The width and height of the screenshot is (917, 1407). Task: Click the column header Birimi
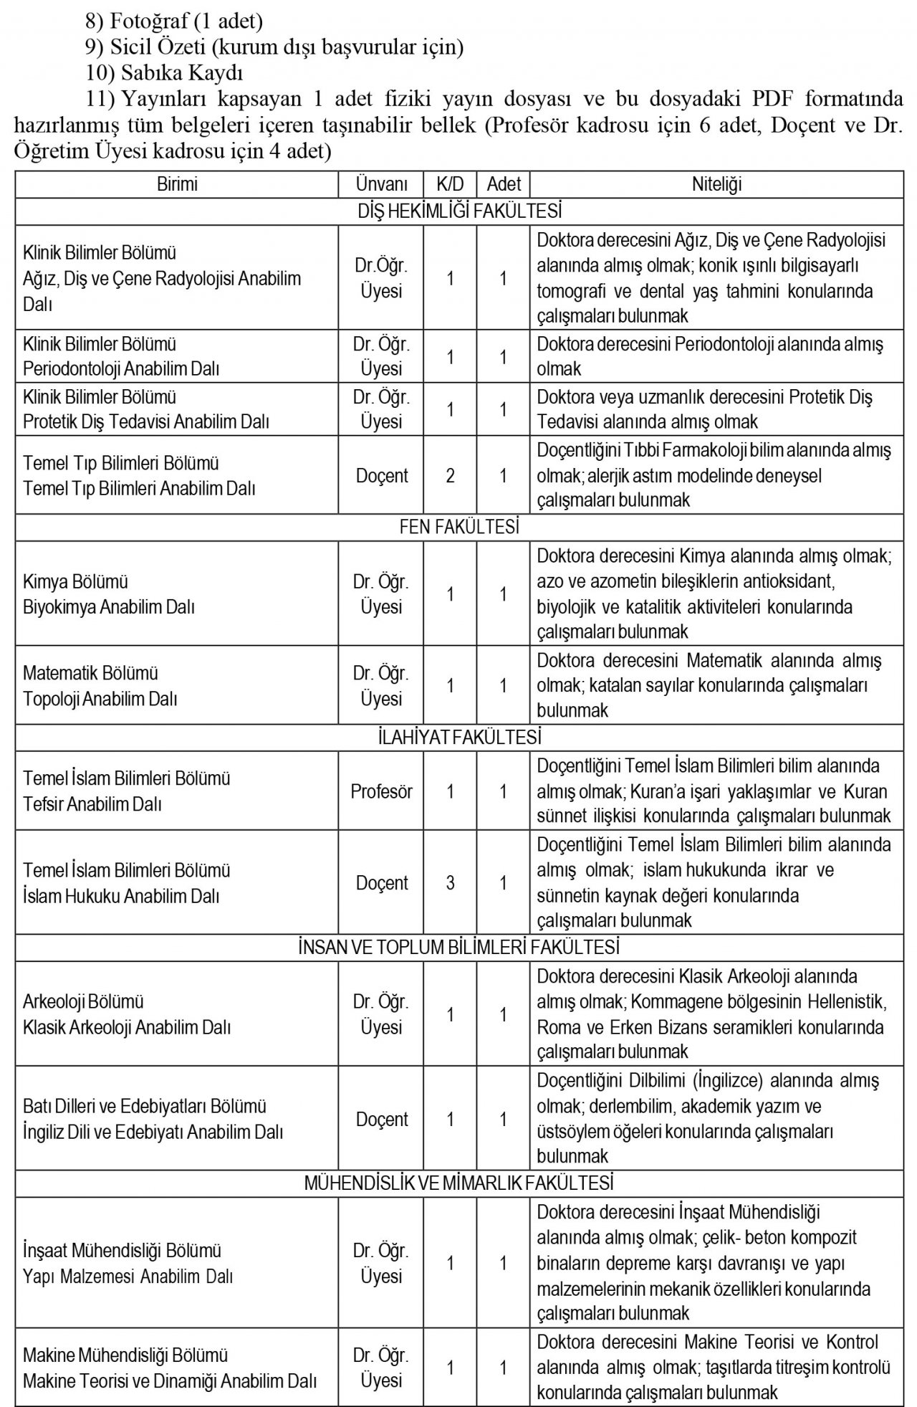pos(177,184)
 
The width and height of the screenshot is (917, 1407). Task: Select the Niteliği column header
pos(716,184)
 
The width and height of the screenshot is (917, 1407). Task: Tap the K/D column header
pos(450,184)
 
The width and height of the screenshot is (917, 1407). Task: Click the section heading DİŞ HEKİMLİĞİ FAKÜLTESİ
pos(459,211)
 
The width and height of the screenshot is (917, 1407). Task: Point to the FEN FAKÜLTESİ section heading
pos(459,527)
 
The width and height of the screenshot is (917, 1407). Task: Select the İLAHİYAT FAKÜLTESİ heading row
pos(459,737)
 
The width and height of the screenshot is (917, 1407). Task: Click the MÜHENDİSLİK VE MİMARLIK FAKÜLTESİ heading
pos(459,1183)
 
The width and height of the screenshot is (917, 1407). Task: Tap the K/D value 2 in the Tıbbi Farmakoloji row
pos(450,475)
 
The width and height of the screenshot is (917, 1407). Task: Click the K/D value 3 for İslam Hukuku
pos(450,882)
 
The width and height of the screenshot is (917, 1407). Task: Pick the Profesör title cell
pos(381,791)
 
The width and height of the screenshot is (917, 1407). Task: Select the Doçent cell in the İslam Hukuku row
pos(381,882)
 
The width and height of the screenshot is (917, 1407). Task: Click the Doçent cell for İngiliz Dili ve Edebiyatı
pos(381,1119)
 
